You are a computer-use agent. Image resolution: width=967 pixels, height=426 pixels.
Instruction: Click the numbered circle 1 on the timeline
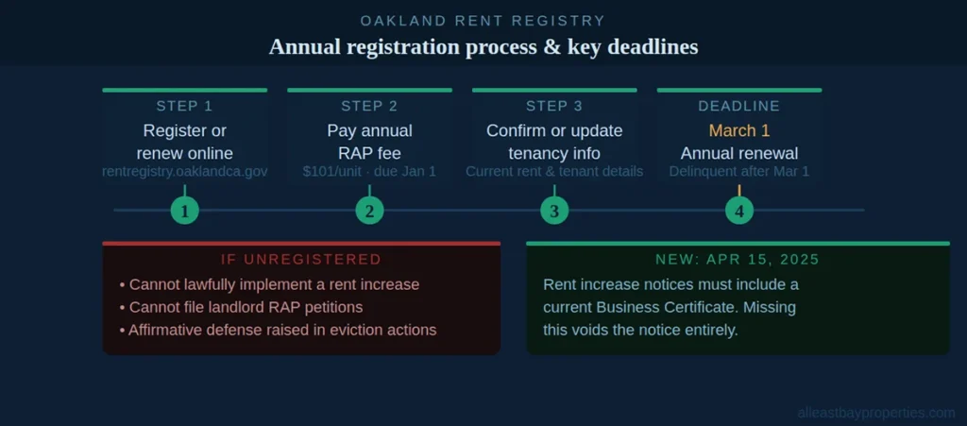(185, 210)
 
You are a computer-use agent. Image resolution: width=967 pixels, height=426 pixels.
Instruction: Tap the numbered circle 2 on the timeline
(369, 210)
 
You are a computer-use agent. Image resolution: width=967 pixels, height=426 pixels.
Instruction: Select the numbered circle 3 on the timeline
(554, 210)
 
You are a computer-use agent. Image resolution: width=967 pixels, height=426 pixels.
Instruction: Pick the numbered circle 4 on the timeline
(738, 210)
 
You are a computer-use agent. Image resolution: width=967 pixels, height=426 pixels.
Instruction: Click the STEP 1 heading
(184, 106)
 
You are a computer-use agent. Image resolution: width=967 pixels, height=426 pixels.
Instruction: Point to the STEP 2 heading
(369, 106)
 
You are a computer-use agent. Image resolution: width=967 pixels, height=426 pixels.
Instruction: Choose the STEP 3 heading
(554, 106)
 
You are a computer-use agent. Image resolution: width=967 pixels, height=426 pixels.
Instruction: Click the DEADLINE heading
(738, 106)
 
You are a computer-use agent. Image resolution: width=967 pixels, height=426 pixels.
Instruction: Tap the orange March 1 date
(738, 130)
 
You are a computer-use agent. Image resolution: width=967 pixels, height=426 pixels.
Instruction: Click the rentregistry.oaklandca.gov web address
(184, 172)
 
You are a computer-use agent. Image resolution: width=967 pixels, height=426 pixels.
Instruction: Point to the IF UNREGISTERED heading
(301, 260)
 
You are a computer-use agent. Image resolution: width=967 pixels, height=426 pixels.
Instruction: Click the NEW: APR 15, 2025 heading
(738, 260)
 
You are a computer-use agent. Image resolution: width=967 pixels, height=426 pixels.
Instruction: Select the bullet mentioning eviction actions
(278, 330)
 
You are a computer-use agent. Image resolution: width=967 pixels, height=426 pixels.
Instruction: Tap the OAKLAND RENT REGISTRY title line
(483, 21)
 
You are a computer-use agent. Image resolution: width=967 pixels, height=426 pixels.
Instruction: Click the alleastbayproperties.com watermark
(876, 413)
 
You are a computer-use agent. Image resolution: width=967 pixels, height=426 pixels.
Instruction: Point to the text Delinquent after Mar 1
(738, 172)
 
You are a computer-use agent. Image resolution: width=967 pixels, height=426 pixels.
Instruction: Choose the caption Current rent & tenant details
(554, 172)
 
